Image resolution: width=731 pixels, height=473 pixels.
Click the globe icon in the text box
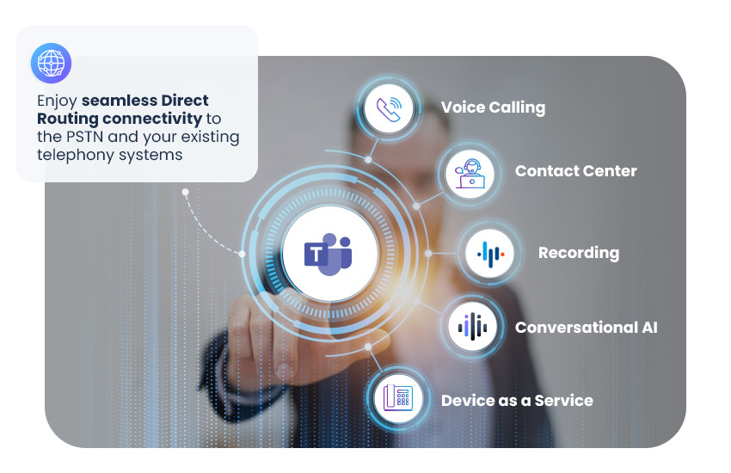pyautogui.click(x=51, y=63)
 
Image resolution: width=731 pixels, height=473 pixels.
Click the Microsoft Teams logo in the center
pyautogui.click(x=329, y=254)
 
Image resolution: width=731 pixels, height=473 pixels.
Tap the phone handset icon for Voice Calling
pyautogui.click(x=389, y=109)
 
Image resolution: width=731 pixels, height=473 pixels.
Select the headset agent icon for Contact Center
pyautogui.click(x=470, y=174)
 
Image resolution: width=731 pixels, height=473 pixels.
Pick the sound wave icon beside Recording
pyautogui.click(x=490, y=254)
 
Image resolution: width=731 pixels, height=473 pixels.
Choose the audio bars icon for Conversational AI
pyautogui.click(x=472, y=327)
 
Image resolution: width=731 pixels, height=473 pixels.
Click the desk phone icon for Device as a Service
pyautogui.click(x=398, y=398)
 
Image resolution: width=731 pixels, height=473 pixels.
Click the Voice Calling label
pyautogui.click(x=493, y=107)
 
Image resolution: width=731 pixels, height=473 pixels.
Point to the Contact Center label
pyautogui.click(x=575, y=171)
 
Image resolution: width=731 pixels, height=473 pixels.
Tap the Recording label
pyautogui.click(x=579, y=253)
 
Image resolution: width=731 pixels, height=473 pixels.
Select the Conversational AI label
pyautogui.click(x=586, y=327)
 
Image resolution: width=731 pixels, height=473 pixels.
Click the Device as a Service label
pyautogui.click(x=517, y=400)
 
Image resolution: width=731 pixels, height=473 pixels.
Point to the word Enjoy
pyautogui.click(x=57, y=101)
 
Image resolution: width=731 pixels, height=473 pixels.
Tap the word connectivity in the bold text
pyautogui.click(x=152, y=119)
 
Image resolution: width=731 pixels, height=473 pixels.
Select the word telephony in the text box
pyautogui.click(x=76, y=155)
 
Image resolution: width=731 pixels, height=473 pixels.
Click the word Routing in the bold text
pyautogui.click(x=68, y=120)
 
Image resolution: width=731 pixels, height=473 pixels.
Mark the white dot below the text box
pyautogui.click(x=185, y=192)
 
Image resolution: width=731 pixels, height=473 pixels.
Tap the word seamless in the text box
pyautogui.click(x=120, y=101)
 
